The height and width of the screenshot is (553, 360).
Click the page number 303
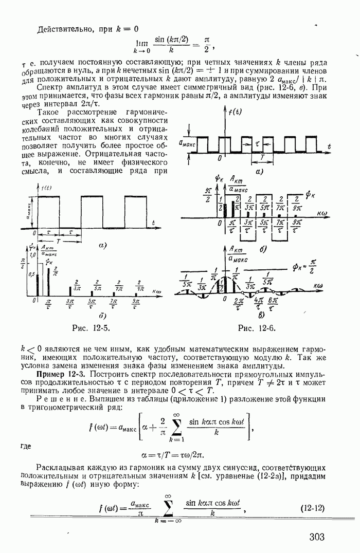pyautogui.click(x=317, y=537)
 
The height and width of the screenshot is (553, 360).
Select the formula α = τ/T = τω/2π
pyautogui.click(x=176, y=454)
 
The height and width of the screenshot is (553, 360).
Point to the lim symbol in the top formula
pyautogui.click(x=137, y=45)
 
